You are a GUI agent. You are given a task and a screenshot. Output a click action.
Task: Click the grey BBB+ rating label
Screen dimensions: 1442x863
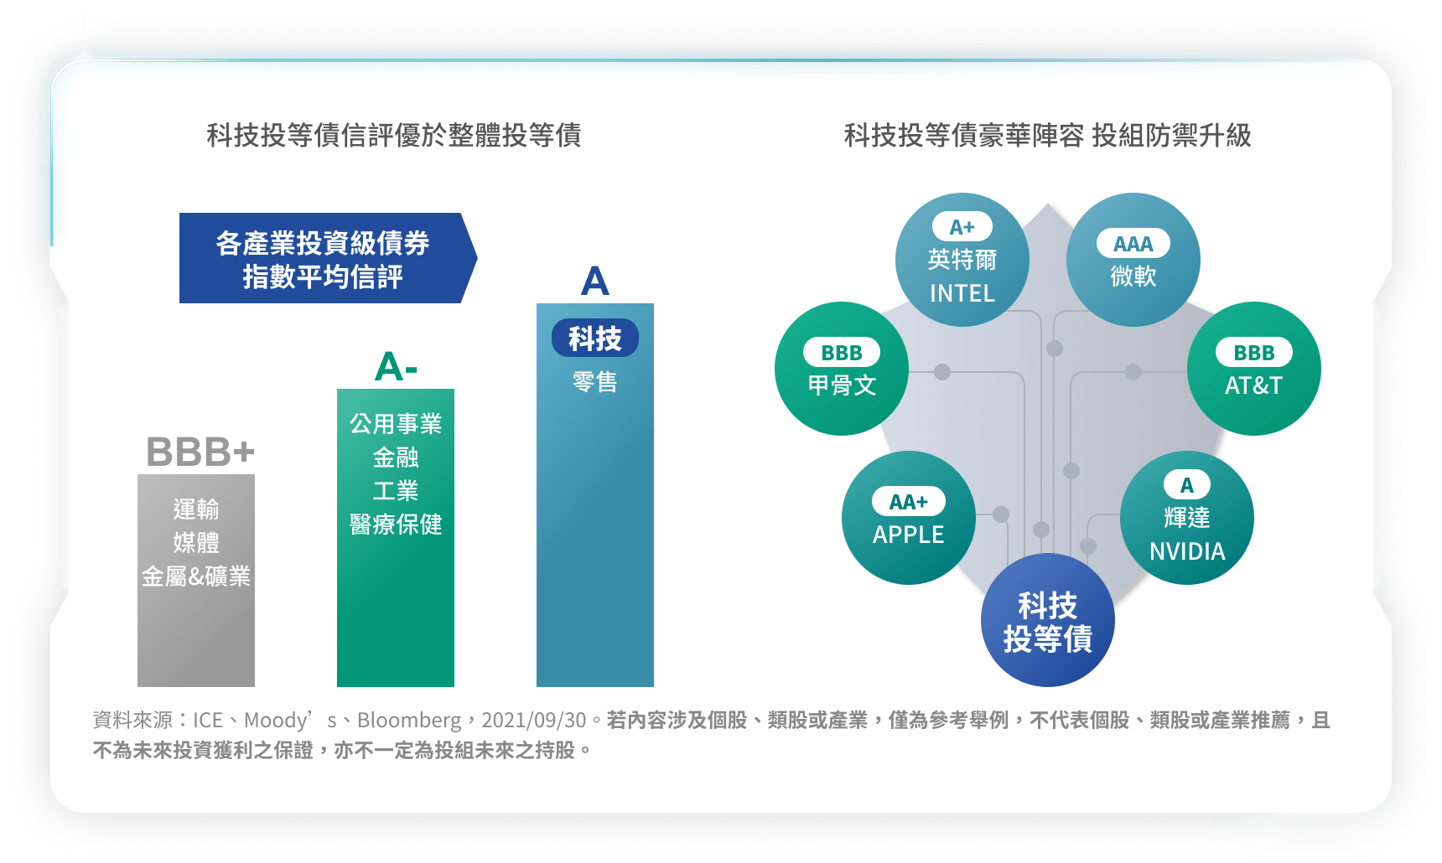click(200, 452)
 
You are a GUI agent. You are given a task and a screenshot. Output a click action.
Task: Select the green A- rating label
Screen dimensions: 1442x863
click(396, 366)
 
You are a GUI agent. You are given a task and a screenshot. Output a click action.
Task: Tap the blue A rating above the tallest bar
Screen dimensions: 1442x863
click(594, 281)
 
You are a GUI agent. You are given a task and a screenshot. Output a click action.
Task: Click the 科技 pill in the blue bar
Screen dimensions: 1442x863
click(595, 338)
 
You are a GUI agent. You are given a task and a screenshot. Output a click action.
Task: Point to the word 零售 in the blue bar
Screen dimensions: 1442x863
click(595, 382)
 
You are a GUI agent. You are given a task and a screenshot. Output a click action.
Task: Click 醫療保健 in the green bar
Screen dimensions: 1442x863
click(396, 525)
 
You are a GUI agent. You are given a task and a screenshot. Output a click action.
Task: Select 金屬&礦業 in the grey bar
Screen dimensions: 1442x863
click(196, 576)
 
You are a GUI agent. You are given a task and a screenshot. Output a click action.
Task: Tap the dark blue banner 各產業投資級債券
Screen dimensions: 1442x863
click(328, 258)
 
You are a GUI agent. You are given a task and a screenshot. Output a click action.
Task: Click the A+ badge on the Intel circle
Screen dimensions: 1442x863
click(962, 227)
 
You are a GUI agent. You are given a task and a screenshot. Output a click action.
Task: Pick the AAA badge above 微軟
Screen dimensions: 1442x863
click(1133, 244)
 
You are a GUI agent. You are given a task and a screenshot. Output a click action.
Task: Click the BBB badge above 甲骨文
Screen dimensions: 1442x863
click(842, 353)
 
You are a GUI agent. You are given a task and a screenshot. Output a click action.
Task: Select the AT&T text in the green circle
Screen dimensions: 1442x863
click(1254, 385)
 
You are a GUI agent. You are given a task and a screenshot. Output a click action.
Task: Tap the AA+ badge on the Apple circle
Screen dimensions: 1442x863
click(909, 502)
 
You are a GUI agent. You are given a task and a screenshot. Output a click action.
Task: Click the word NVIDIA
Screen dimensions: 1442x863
click(1187, 551)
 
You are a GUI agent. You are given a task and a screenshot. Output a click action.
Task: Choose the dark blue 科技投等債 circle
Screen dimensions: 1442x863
click(1048, 620)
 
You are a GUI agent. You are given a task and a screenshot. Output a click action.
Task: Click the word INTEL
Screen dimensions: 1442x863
click(962, 293)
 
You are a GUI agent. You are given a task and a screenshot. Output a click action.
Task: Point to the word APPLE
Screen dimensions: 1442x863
click(909, 535)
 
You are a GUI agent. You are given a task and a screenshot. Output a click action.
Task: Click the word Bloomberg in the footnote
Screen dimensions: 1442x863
click(409, 721)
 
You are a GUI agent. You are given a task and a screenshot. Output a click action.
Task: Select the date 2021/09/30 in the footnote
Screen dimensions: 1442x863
click(534, 721)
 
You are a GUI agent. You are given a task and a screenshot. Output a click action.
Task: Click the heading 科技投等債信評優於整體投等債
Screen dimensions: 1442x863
click(394, 135)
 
